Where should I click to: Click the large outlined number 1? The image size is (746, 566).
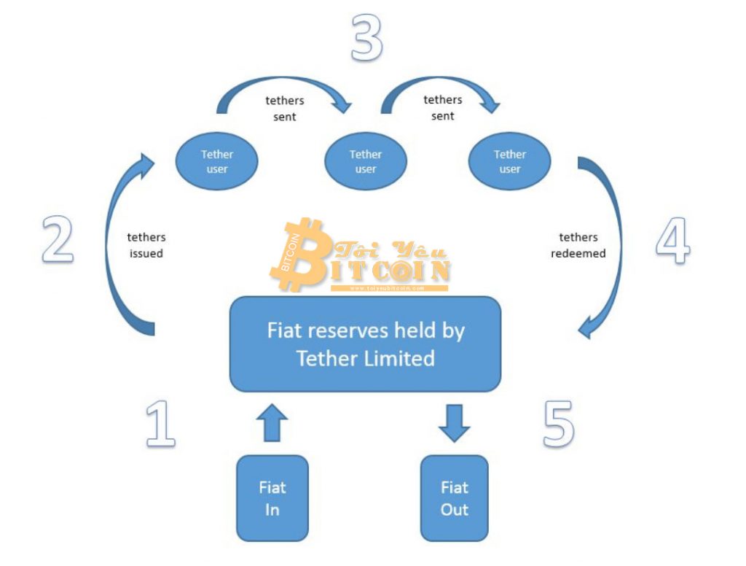161,424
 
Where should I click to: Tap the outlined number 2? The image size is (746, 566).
58,239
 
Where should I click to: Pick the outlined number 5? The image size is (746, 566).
559,424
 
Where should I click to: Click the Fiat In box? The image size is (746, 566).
272,498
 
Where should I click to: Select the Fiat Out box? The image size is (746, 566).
454,498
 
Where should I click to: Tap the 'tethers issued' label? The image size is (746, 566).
146,245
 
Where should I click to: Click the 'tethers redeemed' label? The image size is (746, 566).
578,245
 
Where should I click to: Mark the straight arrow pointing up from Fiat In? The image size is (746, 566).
272,424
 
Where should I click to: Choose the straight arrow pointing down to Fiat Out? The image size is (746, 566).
454,424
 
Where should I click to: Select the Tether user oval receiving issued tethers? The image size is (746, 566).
217,161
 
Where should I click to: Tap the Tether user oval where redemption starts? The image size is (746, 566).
510,161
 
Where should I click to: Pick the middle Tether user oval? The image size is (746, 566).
365,161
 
